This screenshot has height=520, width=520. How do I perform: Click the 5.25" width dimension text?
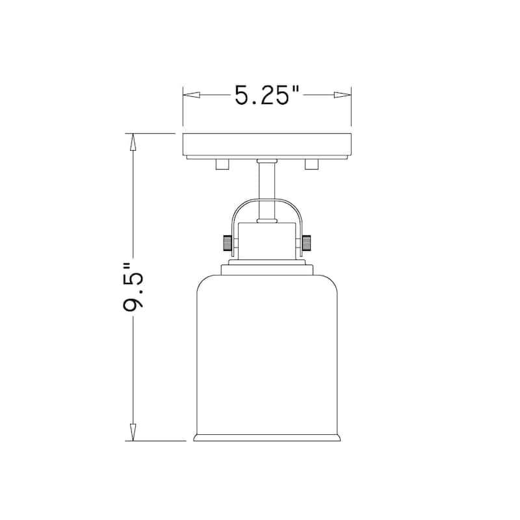click(x=266, y=96)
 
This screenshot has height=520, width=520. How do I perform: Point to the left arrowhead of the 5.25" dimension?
click(x=190, y=96)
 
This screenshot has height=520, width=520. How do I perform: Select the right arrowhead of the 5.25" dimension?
click(x=343, y=96)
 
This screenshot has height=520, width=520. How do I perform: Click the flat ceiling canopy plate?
click(x=266, y=144)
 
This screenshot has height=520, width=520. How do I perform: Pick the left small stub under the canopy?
click(x=222, y=164)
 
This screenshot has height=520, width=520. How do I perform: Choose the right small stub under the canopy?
click(x=311, y=164)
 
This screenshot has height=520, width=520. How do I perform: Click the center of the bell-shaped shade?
click(x=266, y=351)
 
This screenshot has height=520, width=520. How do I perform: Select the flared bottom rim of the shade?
click(x=266, y=437)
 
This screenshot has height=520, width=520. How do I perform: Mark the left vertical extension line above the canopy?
click(x=183, y=107)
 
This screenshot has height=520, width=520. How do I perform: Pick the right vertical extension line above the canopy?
click(x=351, y=107)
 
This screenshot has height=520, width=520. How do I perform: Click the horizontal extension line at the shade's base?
click(x=159, y=441)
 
